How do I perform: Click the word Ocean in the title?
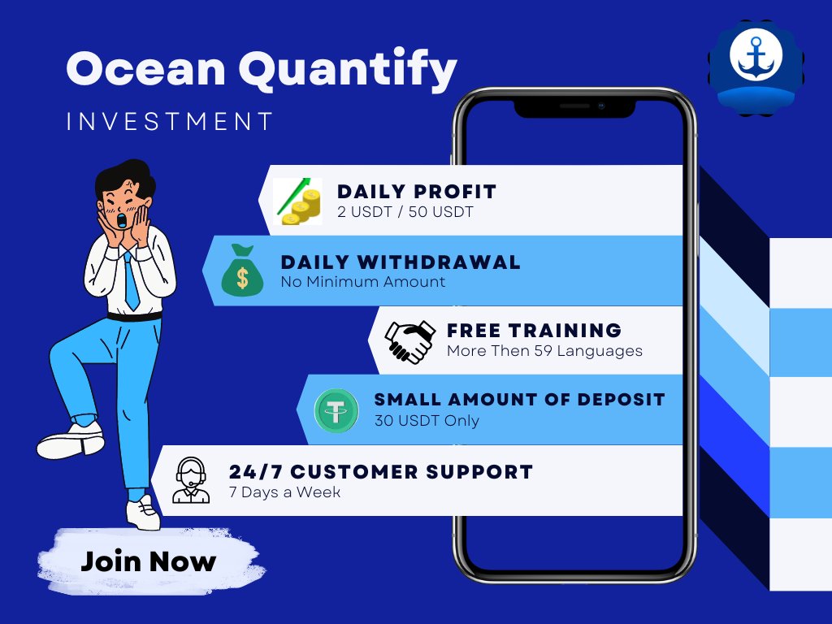click(146, 70)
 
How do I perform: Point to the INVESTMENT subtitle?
click(170, 122)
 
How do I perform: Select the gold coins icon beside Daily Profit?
click(297, 201)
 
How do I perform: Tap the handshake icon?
click(409, 341)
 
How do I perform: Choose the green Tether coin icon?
click(336, 410)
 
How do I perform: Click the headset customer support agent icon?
click(192, 480)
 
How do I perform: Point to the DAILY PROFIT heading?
click(417, 192)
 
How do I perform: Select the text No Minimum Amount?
click(362, 282)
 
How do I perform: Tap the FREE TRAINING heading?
click(534, 331)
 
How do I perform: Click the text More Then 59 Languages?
click(544, 351)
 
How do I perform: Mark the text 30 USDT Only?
click(427, 421)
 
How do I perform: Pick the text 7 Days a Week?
click(284, 492)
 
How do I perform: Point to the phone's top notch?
click(574, 106)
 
